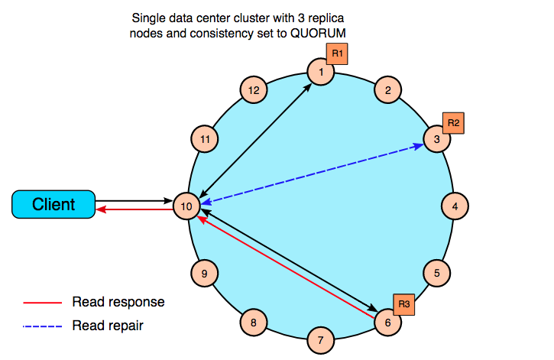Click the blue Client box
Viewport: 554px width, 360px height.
coord(53,204)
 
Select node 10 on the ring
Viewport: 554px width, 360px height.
coord(186,206)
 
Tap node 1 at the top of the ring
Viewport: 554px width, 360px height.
coord(321,72)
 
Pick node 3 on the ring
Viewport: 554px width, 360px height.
coord(437,139)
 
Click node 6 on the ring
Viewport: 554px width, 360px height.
coord(387,323)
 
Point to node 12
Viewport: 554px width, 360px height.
coord(254,90)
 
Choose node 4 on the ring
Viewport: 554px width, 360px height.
coord(455,206)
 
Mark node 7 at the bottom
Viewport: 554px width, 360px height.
coord(321,340)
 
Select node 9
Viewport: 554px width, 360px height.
coord(204,273)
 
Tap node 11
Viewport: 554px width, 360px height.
coord(205,139)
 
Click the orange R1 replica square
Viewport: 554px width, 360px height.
coord(337,54)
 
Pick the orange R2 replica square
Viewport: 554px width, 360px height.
coord(453,123)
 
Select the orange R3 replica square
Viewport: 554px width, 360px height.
coord(403,304)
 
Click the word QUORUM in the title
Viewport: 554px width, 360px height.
coord(318,33)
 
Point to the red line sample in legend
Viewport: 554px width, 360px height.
coord(42,303)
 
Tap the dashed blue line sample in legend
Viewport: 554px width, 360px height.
coord(42,326)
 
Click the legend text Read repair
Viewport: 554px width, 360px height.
coord(108,326)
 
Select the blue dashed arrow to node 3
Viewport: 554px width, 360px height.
coord(313,174)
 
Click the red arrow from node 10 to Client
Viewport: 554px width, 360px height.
coord(134,210)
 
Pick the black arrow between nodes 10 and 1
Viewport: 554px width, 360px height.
coord(255,141)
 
